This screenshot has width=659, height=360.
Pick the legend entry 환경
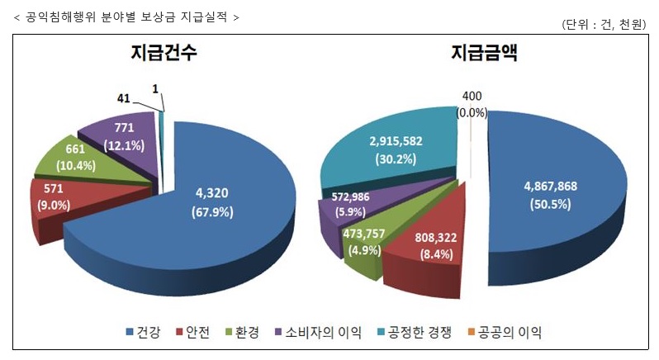[x=243, y=333]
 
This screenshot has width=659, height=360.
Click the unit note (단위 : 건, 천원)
[x=603, y=24]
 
